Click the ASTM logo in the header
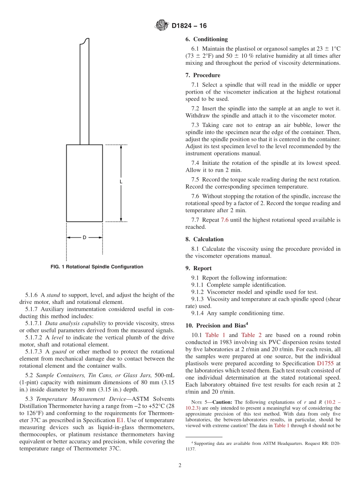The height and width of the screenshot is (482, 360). pyautogui.click(x=162, y=25)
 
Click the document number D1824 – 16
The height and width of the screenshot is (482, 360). pyautogui.click(x=189, y=26)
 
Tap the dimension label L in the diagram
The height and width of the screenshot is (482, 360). pyautogui.click(x=121, y=182)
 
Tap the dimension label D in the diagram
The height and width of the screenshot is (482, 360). pyautogui.click(x=84, y=238)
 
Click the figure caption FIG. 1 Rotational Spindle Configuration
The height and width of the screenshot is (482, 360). pyautogui.click(x=97, y=267)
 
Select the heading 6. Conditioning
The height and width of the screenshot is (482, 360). pyautogui.click(x=207, y=39)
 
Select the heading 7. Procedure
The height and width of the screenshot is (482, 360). pyautogui.click(x=203, y=75)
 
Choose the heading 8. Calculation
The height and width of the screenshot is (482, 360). pyautogui.click(x=205, y=239)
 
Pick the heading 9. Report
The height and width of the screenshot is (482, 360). pyautogui.click(x=199, y=268)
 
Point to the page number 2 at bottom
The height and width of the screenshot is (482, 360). pyautogui.click(x=180, y=465)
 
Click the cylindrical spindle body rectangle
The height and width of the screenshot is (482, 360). pyautogui.click(x=84, y=183)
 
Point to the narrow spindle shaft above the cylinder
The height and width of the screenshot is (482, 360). pyautogui.click(x=84, y=95)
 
